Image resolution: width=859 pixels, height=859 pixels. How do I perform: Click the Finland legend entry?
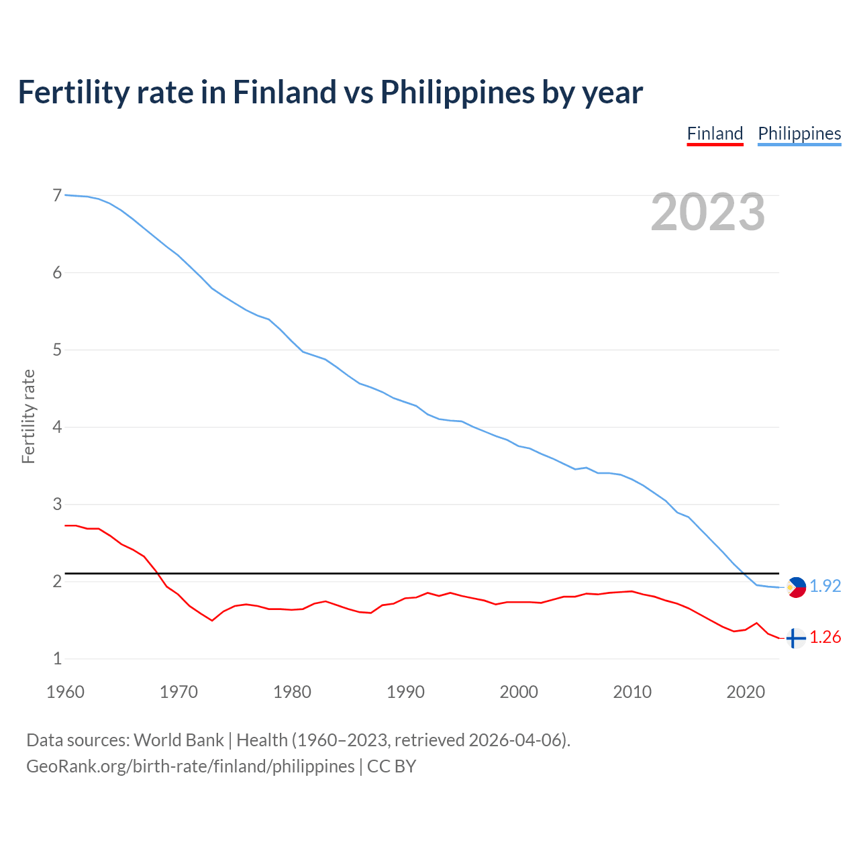coord(715,134)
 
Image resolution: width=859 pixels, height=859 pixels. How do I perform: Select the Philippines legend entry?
coord(799,134)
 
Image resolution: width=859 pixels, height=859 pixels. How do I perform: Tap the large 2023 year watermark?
coord(708,212)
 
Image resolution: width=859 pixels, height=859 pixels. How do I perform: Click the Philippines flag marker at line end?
coord(796,587)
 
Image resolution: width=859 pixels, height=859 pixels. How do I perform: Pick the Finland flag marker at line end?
coord(796,638)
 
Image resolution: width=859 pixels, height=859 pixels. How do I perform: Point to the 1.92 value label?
coord(825,586)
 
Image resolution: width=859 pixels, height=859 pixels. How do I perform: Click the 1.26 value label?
coord(825,637)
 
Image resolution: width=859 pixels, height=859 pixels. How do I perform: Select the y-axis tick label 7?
coord(57,195)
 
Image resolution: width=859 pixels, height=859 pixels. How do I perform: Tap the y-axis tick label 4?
coord(57,427)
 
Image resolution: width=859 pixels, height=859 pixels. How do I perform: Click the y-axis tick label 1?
coord(57,658)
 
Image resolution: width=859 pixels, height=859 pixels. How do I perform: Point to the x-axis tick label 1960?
coord(65,692)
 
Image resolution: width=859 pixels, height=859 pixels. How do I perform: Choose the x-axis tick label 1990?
coord(405,692)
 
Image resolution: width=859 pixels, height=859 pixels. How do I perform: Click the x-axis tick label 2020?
coord(746,692)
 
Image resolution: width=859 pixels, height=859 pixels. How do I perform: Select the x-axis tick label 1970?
coord(179,692)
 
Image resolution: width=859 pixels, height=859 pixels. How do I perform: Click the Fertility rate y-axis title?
coord(28,416)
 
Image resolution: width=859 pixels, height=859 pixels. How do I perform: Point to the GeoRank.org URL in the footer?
coord(190,766)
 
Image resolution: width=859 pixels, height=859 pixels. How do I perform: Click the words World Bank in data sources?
coord(179,740)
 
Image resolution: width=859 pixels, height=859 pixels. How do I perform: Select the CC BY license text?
coord(391,766)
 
